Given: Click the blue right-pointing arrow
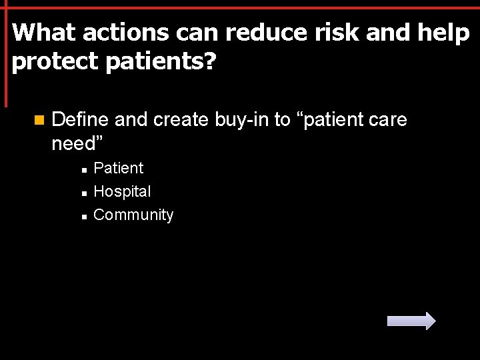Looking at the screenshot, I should click(x=411, y=321).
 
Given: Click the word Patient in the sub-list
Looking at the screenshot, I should click(x=119, y=168).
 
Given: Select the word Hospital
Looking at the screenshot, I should click(x=122, y=192).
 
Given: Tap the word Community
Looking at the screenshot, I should click(x=133, y=215).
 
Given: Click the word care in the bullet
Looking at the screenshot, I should click(x=385, y=120).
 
